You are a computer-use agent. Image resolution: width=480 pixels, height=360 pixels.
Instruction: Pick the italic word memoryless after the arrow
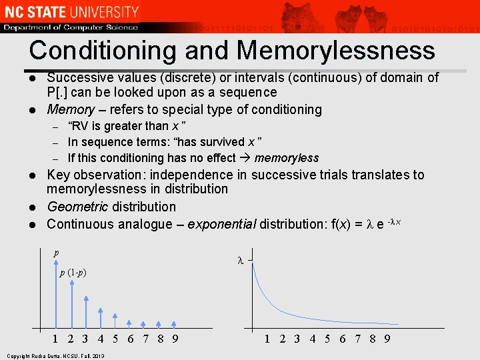click(286, 158)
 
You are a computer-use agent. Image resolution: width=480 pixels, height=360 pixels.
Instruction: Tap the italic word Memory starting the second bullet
click(71, 109)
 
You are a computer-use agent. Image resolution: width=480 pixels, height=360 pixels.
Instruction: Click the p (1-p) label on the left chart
click(73, 273)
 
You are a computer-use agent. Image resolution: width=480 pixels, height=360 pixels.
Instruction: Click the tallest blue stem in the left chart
click(56, 293)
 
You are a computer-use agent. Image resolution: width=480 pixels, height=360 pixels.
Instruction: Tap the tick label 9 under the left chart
click(175, 338)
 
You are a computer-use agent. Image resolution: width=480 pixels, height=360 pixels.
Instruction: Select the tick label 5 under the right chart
click(327, 338)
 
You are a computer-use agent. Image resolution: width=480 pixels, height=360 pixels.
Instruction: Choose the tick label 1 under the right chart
click(267, 338)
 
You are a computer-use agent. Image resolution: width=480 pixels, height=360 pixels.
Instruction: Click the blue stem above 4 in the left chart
click(101, 319)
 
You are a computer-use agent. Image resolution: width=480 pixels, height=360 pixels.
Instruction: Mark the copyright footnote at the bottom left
click(53, 356)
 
